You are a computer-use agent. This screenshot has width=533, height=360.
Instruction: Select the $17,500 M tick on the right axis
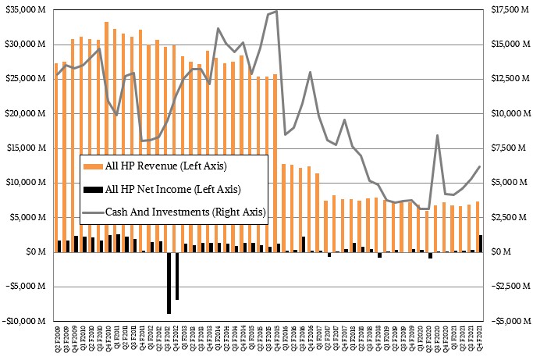pos(508,9)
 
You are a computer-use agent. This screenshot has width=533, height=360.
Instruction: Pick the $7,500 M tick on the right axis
pos(506,148)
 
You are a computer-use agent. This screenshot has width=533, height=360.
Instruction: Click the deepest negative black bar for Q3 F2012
pos(169,282)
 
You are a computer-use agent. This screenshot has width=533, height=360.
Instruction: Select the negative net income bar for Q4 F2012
pos(177,276)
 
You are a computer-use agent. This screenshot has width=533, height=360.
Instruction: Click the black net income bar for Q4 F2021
pos(481,244)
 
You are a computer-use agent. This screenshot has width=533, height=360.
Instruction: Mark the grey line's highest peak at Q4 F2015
pos(276,11)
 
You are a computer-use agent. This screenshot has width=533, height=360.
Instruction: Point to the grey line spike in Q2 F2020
pos(438,135)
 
